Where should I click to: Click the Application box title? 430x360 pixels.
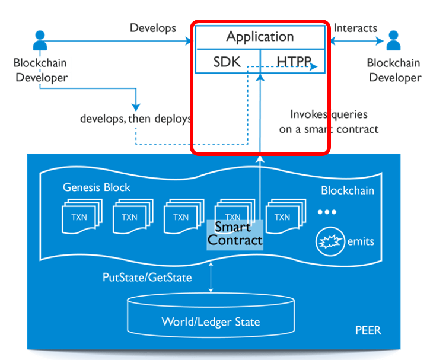(260, 37)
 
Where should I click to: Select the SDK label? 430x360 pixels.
(227, 61)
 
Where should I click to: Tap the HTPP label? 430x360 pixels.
(292, 61)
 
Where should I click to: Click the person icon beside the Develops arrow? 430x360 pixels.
(40, 42)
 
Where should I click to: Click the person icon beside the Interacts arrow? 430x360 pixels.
(393, 42)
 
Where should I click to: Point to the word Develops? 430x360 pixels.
(153, 28)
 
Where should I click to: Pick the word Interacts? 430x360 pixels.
(355, 28)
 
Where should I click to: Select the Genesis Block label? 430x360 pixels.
(97, 187)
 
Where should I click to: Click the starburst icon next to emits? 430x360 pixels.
(331, 242)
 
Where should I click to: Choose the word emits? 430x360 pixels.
(361, 242)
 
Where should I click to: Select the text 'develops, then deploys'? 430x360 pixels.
(135, 118)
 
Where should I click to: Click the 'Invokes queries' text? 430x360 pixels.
(328, 114)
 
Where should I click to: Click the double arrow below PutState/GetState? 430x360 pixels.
(211, 283)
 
